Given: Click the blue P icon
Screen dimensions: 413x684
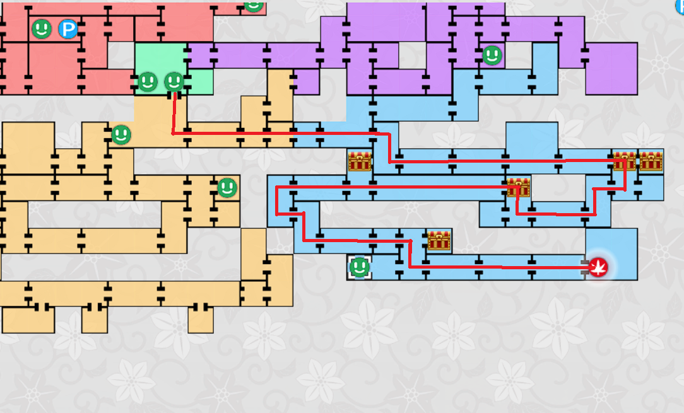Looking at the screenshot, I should (68, 29).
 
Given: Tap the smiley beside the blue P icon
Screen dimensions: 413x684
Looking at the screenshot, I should (42, 28).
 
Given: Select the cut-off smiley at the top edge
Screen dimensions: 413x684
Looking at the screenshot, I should (253, 5).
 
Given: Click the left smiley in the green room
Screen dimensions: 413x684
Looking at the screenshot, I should (147, 81).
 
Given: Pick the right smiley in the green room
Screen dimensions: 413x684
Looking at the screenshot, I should (174, 81).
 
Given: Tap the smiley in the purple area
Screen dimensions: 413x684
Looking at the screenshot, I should (492, 55).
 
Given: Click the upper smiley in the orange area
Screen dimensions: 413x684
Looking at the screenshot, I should (121, 134).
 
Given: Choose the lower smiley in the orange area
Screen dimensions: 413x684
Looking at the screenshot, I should (227, 187).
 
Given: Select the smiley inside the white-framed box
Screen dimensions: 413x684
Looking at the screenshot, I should (360, 267).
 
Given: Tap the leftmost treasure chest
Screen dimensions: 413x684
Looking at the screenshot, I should (360, 161).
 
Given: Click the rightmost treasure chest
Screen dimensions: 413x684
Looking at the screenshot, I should (651, 161).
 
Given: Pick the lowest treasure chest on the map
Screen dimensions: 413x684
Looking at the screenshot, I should (439, 240).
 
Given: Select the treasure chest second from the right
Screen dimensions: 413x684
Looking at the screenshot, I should (624, 161).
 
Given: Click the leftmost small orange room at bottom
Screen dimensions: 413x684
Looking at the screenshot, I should (28, 320).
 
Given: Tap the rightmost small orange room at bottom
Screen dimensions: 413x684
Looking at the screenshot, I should (201, 320).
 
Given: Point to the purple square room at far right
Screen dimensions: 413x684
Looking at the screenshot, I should (611, 69).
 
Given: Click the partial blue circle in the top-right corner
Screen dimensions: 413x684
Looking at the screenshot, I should (680, 5).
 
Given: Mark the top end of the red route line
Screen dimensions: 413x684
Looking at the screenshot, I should (174, 95).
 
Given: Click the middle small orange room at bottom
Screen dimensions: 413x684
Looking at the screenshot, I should (95, 320).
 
